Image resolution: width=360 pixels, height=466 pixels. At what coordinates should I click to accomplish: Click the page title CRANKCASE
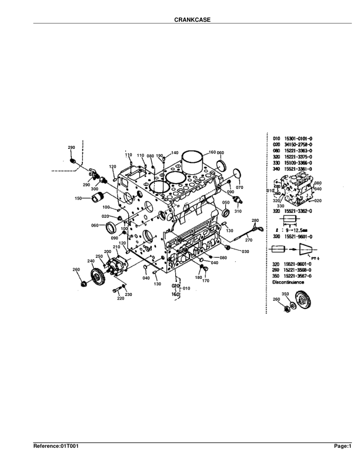pos(192,19)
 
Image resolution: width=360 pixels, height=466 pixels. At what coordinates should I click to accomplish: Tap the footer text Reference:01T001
pos(56,447)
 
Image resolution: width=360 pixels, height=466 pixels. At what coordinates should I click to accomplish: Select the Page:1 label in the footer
pos(342,447)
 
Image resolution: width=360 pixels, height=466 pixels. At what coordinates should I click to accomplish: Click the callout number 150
pos(78,198)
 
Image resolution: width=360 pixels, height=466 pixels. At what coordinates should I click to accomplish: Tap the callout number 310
pos(238,211)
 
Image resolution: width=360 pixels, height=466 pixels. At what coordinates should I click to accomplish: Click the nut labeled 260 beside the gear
pos(85,285)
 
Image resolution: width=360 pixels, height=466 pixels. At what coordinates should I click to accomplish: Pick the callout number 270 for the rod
pos(248,240)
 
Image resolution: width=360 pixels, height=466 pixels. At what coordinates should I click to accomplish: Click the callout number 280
pos(255,220)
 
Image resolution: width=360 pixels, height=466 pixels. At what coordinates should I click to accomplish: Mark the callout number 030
pos(245,252)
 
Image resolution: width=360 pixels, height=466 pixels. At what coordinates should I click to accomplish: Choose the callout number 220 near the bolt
pos(121,298)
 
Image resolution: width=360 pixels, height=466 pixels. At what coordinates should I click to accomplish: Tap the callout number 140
pos(174,153)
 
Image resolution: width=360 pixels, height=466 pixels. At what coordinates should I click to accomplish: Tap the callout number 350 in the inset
pos(285,294)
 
